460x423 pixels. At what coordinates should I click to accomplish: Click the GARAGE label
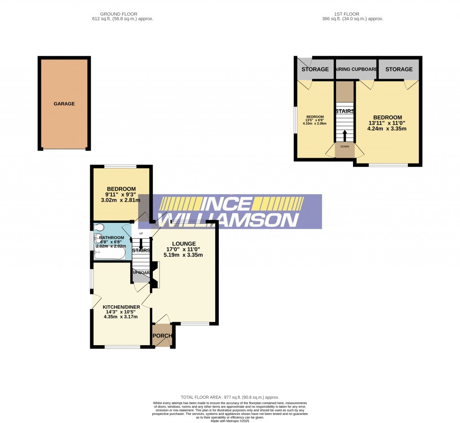coord(64,104)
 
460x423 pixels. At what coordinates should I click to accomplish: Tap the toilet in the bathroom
coord(99,227)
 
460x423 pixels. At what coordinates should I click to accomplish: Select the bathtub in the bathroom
coord(110,254)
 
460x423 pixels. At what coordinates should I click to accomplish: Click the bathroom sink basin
coord(98,240)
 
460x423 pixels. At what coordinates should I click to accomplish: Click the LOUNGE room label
coord(183,244)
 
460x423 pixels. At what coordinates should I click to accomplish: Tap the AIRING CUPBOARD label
coord(356,69)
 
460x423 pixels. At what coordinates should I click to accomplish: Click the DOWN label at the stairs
coord(345,147)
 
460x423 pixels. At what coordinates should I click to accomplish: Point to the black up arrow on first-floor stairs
coord(345,135)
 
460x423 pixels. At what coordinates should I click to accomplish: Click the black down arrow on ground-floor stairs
coord(141,244)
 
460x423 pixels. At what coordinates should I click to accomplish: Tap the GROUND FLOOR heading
coord(119,14)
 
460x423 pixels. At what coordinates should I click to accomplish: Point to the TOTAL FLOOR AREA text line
coord(230,397)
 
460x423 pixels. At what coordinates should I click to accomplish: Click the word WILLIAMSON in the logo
coord(229,220)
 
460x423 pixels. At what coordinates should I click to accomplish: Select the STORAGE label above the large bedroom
coord(398,69)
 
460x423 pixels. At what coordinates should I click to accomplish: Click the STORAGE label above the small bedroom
coord(315,69)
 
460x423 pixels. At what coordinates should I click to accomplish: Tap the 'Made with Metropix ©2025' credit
coord(230,421)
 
